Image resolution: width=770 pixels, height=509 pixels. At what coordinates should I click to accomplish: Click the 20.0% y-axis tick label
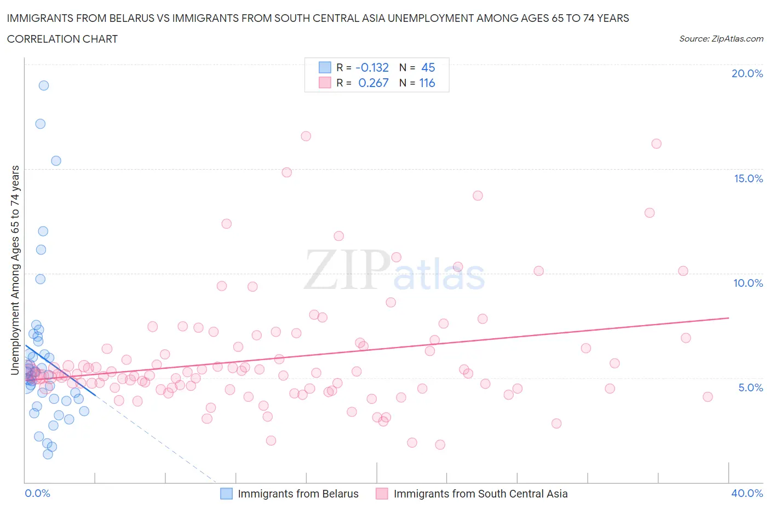747,73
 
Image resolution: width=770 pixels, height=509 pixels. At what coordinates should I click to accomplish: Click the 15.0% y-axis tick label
748,178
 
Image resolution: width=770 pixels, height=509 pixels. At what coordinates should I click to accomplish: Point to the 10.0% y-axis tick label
748,283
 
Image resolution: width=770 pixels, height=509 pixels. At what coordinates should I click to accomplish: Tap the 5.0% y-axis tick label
750,387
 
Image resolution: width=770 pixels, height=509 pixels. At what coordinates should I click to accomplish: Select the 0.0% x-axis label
37,493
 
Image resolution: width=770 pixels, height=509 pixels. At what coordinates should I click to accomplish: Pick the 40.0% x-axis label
747,493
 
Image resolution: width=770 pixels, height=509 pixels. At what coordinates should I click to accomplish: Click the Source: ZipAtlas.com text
721,39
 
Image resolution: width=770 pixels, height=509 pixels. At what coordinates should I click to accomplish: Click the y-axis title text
15,270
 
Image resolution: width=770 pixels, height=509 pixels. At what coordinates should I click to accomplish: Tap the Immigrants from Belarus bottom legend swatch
226,494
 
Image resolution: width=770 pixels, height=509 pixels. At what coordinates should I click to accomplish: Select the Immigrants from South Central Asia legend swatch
382,494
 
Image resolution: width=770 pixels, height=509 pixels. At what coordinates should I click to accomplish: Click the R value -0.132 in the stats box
372,67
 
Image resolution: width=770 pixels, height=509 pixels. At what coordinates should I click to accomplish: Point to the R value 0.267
373,83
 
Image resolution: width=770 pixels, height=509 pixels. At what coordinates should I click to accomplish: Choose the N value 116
427,83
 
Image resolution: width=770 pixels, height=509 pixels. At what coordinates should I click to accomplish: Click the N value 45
428,67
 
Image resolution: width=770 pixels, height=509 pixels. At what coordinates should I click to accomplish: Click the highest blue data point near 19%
44,85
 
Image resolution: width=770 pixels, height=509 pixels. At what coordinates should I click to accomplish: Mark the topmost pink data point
306,136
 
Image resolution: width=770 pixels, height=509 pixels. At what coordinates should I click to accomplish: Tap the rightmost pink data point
708,397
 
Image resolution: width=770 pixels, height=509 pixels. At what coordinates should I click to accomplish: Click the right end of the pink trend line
729,317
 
